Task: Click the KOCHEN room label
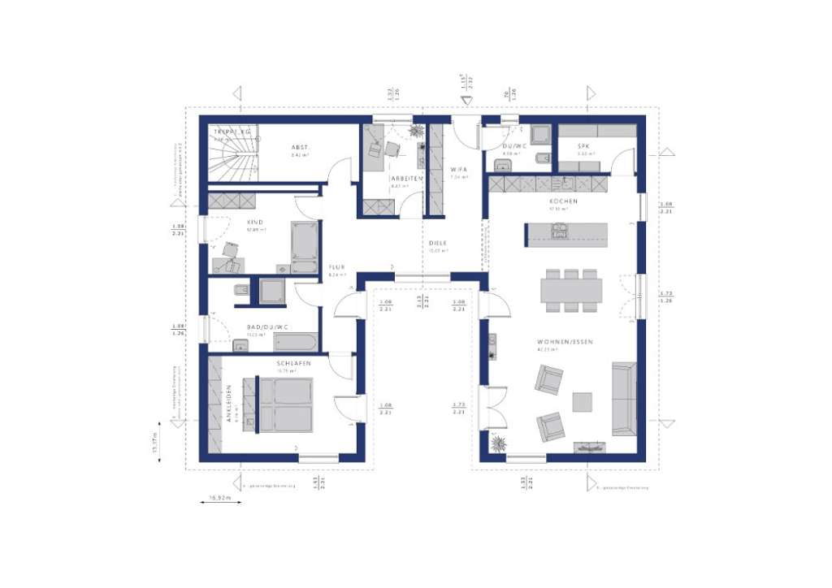(563, 201)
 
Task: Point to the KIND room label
(254, 220)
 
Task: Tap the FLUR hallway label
(337, 267)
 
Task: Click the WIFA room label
(459, 169)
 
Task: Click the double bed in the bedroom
(280, 404)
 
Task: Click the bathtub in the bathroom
(294, 341)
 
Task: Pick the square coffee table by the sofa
(583, 402)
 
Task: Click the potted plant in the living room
(498, 443)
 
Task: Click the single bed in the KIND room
(305, 246)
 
